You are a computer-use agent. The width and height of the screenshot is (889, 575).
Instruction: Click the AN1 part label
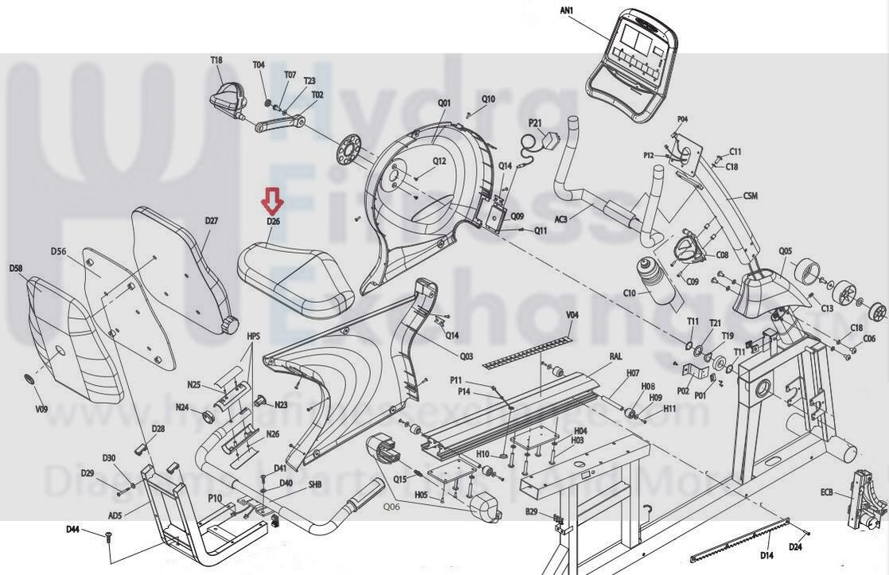(567, 10)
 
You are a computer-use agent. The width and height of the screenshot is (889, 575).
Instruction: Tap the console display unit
(633, 63)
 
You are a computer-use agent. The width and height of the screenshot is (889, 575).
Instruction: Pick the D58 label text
(16, 268)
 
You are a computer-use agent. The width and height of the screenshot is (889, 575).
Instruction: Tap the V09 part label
(41, 410)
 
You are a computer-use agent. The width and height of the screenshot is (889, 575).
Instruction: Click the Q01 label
(444, 103)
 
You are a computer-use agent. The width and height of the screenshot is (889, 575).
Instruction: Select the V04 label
(572, 316)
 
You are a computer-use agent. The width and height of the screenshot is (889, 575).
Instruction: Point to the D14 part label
(767, 554)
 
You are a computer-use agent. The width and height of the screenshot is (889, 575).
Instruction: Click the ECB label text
(827, 493)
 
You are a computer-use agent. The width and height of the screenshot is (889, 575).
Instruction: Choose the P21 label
(536, 123)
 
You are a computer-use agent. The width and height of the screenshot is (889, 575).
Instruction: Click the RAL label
(615, 357)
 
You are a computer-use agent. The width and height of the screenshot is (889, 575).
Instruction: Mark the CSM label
(750, 196)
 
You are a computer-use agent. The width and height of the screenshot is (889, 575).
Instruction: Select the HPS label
(253, 336)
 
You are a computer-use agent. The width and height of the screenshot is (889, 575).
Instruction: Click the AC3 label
(560, 220)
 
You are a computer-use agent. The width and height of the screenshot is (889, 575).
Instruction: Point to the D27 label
(211, 220)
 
